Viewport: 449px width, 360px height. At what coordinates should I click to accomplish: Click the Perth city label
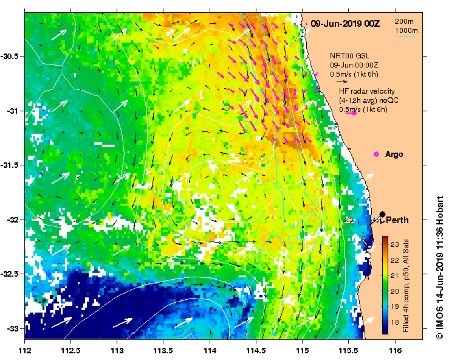397,220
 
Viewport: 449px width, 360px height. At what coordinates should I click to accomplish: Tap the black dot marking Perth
382,214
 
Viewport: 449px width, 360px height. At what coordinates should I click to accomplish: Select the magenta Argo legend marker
377,154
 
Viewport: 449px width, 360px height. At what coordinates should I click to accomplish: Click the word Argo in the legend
394,154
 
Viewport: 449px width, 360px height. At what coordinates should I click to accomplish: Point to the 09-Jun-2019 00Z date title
345,23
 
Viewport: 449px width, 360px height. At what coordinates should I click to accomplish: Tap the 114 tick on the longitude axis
210,351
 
